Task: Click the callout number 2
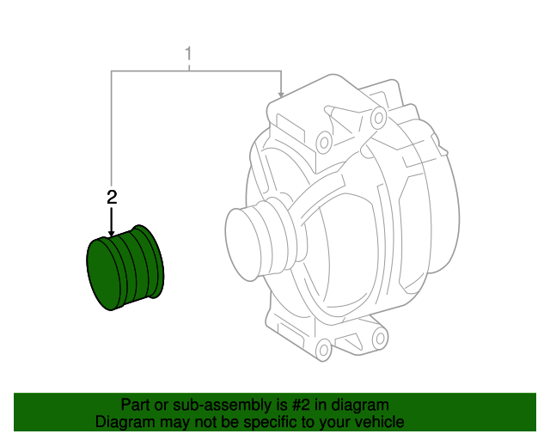pos(111,197)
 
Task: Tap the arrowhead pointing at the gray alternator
pos(281,94)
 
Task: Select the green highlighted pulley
pos(126,266)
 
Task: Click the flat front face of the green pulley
pos(104,272)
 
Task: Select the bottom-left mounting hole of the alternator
pos(323,349)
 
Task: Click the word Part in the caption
pos(135,405)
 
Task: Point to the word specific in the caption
pos(262,422)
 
